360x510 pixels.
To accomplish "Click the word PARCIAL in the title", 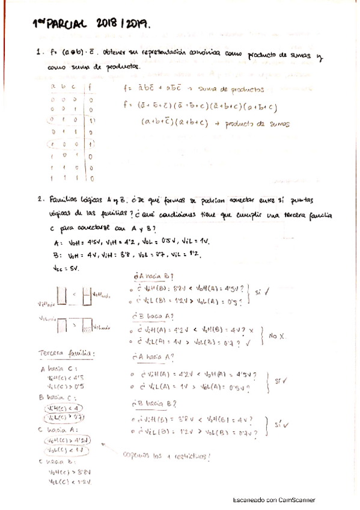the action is pos(68,25).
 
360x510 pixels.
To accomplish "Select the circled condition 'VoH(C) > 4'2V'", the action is pos(64,440).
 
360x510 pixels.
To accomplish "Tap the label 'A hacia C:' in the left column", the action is pos(55,368).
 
